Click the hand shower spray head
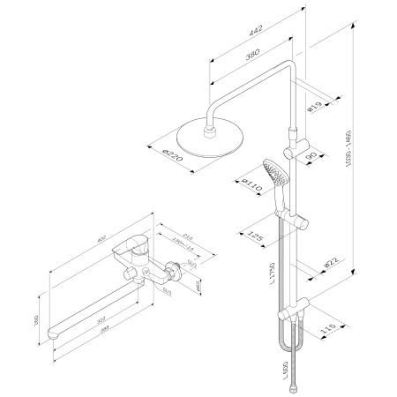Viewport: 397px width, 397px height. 274,172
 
